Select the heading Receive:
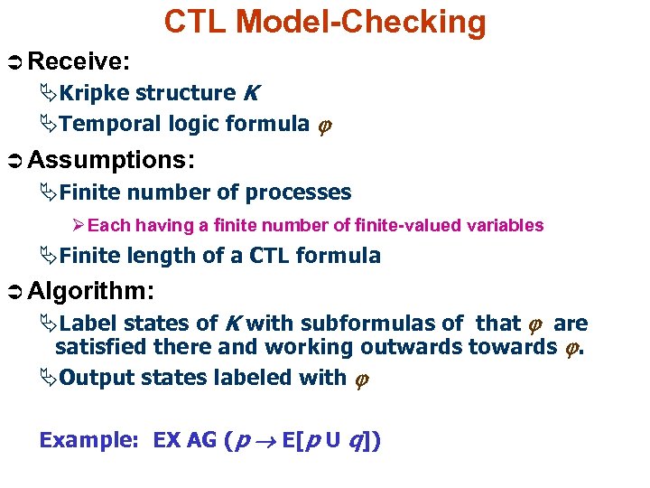[80, 61]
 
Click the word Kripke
[94, 92]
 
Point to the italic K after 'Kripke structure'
[251, 92]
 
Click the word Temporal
[102, 123]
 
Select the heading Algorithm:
[91, 292]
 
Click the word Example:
[88, 440]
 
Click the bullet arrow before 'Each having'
[78, 225]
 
